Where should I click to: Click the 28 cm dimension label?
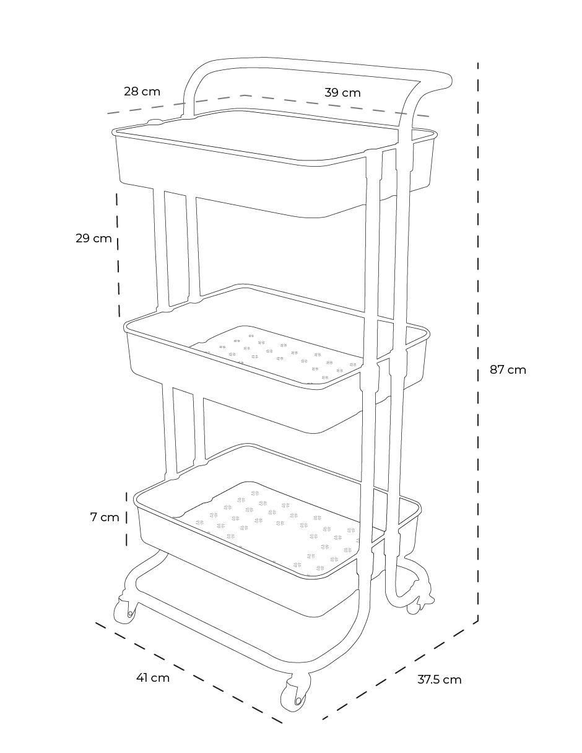[x=142, y=92]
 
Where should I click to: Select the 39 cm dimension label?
[x=342, y=92]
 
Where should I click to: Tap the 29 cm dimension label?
[x=93, y=238]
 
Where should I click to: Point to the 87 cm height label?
[x=508, y=370]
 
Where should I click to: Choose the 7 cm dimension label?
[x=105, y=517]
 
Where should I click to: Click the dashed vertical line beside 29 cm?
[x=118, y=255]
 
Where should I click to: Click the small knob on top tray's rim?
[x=155, y=121]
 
